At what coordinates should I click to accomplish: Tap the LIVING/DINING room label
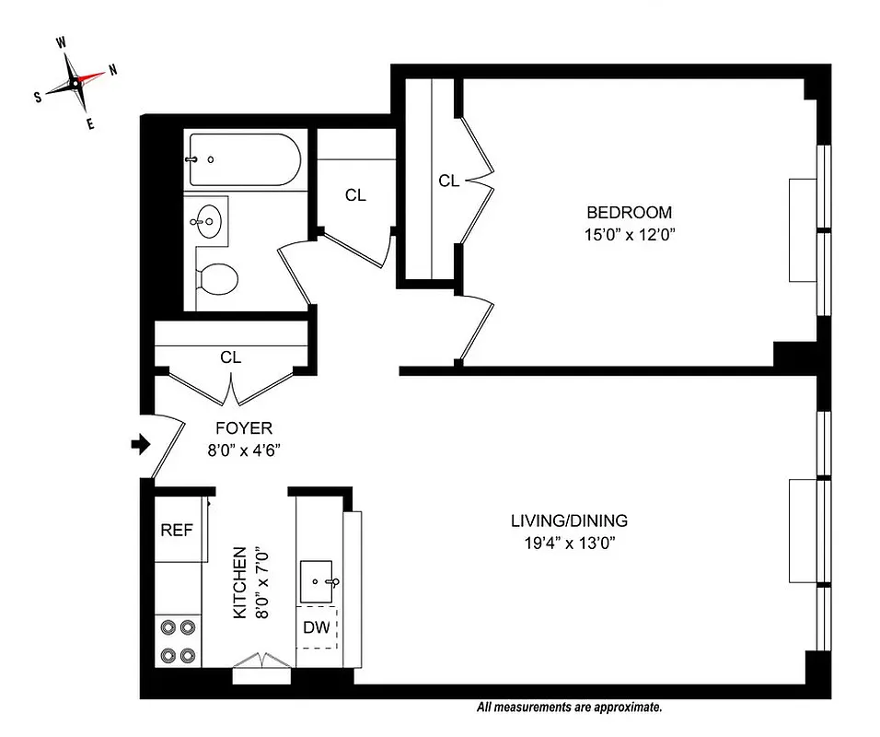(569, 521)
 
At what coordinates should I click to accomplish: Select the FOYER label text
(243, 428)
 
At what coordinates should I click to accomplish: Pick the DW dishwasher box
(316, 628)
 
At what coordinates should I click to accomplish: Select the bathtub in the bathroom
(243, 159)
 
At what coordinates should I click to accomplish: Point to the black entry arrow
(140, 446)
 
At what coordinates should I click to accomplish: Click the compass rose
(75, 82)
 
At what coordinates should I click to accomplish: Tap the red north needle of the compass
(92, 77)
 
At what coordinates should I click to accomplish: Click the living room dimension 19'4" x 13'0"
(569, 543)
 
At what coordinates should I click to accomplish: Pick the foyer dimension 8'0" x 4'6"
(243, 450)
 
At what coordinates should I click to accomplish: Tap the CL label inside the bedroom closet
(448, 181)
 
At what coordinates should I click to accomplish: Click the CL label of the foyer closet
(230, 357)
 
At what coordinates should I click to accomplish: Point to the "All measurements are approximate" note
(569, 708)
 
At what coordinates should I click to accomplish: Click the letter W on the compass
(61, 42)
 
